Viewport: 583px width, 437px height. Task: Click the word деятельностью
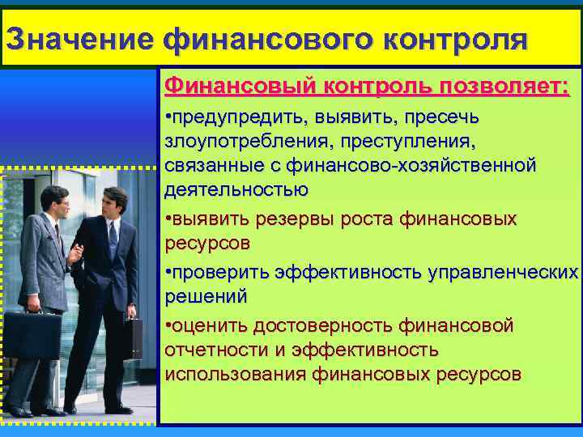236,190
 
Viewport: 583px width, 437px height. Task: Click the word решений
206,296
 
